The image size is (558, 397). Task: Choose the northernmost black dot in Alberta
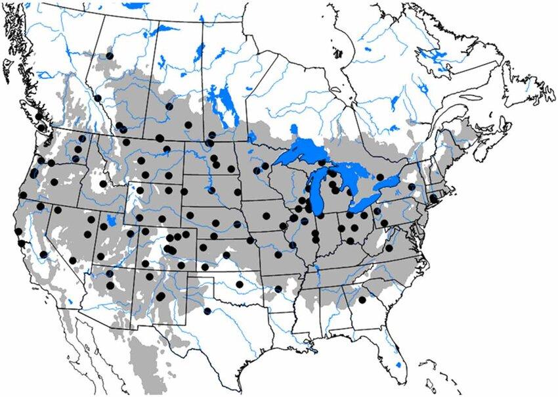pyautogui.click(x=110, y=56)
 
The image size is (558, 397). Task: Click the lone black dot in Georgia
pyautogui.click(x=362, y=300)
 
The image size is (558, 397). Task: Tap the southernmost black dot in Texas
pyautogui.click(x=207, y=311)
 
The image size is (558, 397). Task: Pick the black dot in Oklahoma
pyautogui.click(x=240, y=285)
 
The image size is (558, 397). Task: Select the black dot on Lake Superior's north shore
pyautogui.click(x=321, y=162)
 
